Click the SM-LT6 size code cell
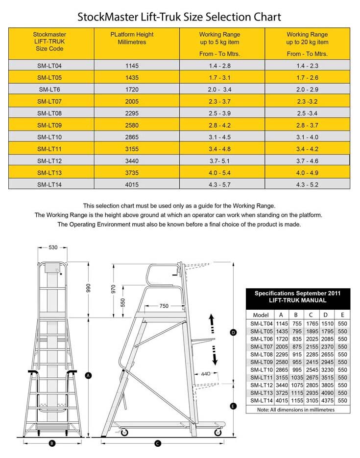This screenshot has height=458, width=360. tap(49, 90)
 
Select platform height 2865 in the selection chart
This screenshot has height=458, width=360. tap(132, 137)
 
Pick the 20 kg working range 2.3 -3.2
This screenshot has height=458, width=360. tap(307, 101)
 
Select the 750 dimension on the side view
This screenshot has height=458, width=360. tap(164, 306)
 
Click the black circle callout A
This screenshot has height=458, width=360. tap(89, 376)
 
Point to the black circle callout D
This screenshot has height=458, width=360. tap(233, 333)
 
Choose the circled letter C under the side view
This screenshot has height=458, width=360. tap(158, 443)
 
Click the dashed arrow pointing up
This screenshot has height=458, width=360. tap(212, 323)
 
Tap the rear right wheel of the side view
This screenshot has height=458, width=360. tap(217, 432)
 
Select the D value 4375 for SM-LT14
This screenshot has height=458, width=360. tap(327, 400)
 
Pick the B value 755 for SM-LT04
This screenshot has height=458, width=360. tap(296, 323)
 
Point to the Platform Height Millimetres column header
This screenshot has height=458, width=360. tap(132, 39)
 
